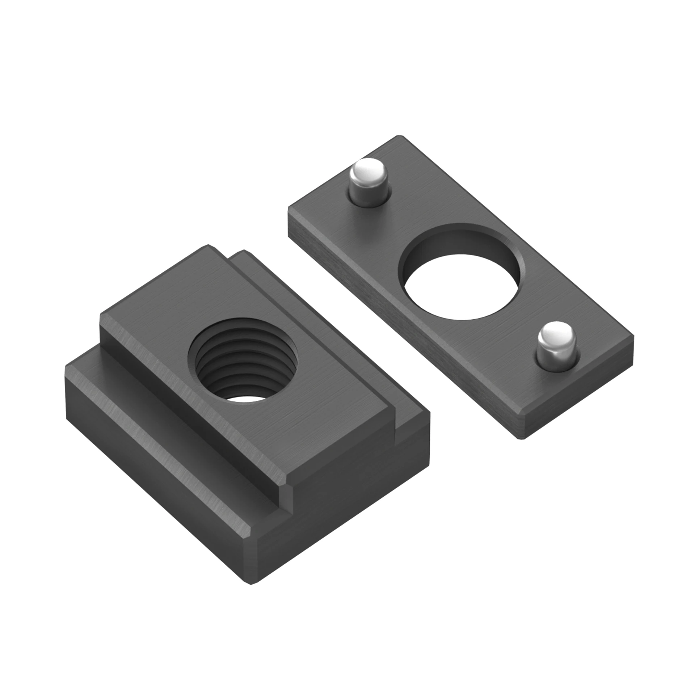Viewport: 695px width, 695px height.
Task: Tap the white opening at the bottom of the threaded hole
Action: pyautogui.click(x=242, y=398)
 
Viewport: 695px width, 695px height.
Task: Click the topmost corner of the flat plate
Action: pyautogui.click(x=399, y=136)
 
